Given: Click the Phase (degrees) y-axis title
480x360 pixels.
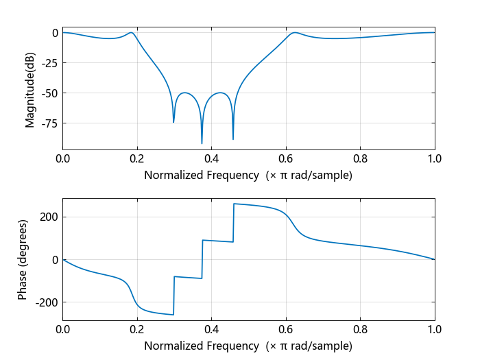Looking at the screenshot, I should click(x=23, y=259).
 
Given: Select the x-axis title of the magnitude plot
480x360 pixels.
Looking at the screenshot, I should click(x=248, y=175).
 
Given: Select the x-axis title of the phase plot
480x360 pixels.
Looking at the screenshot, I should click(x=248, y=346).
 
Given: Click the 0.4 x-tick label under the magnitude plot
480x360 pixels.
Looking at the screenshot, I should click(x=211, y=158).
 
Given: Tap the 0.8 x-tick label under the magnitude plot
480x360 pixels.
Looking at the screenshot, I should click(x=360, y=158).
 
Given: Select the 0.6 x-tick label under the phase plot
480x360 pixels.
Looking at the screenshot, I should click(x=286, y=329).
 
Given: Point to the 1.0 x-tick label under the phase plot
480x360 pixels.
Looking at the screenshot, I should click(x=435, y=329).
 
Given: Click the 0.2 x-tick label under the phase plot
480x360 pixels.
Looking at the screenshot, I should click(x=137, y=329).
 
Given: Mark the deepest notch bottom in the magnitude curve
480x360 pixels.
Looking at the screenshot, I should click(x=202, y=143).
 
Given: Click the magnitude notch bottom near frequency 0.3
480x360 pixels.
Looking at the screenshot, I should click(x=173, y=122).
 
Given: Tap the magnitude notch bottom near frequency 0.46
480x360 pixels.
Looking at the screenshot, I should click(x=233, y=139).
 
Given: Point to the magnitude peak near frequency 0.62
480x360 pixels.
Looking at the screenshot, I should click(x=295, y=32).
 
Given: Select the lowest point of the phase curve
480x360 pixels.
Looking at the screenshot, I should click(x=173, y=315).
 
